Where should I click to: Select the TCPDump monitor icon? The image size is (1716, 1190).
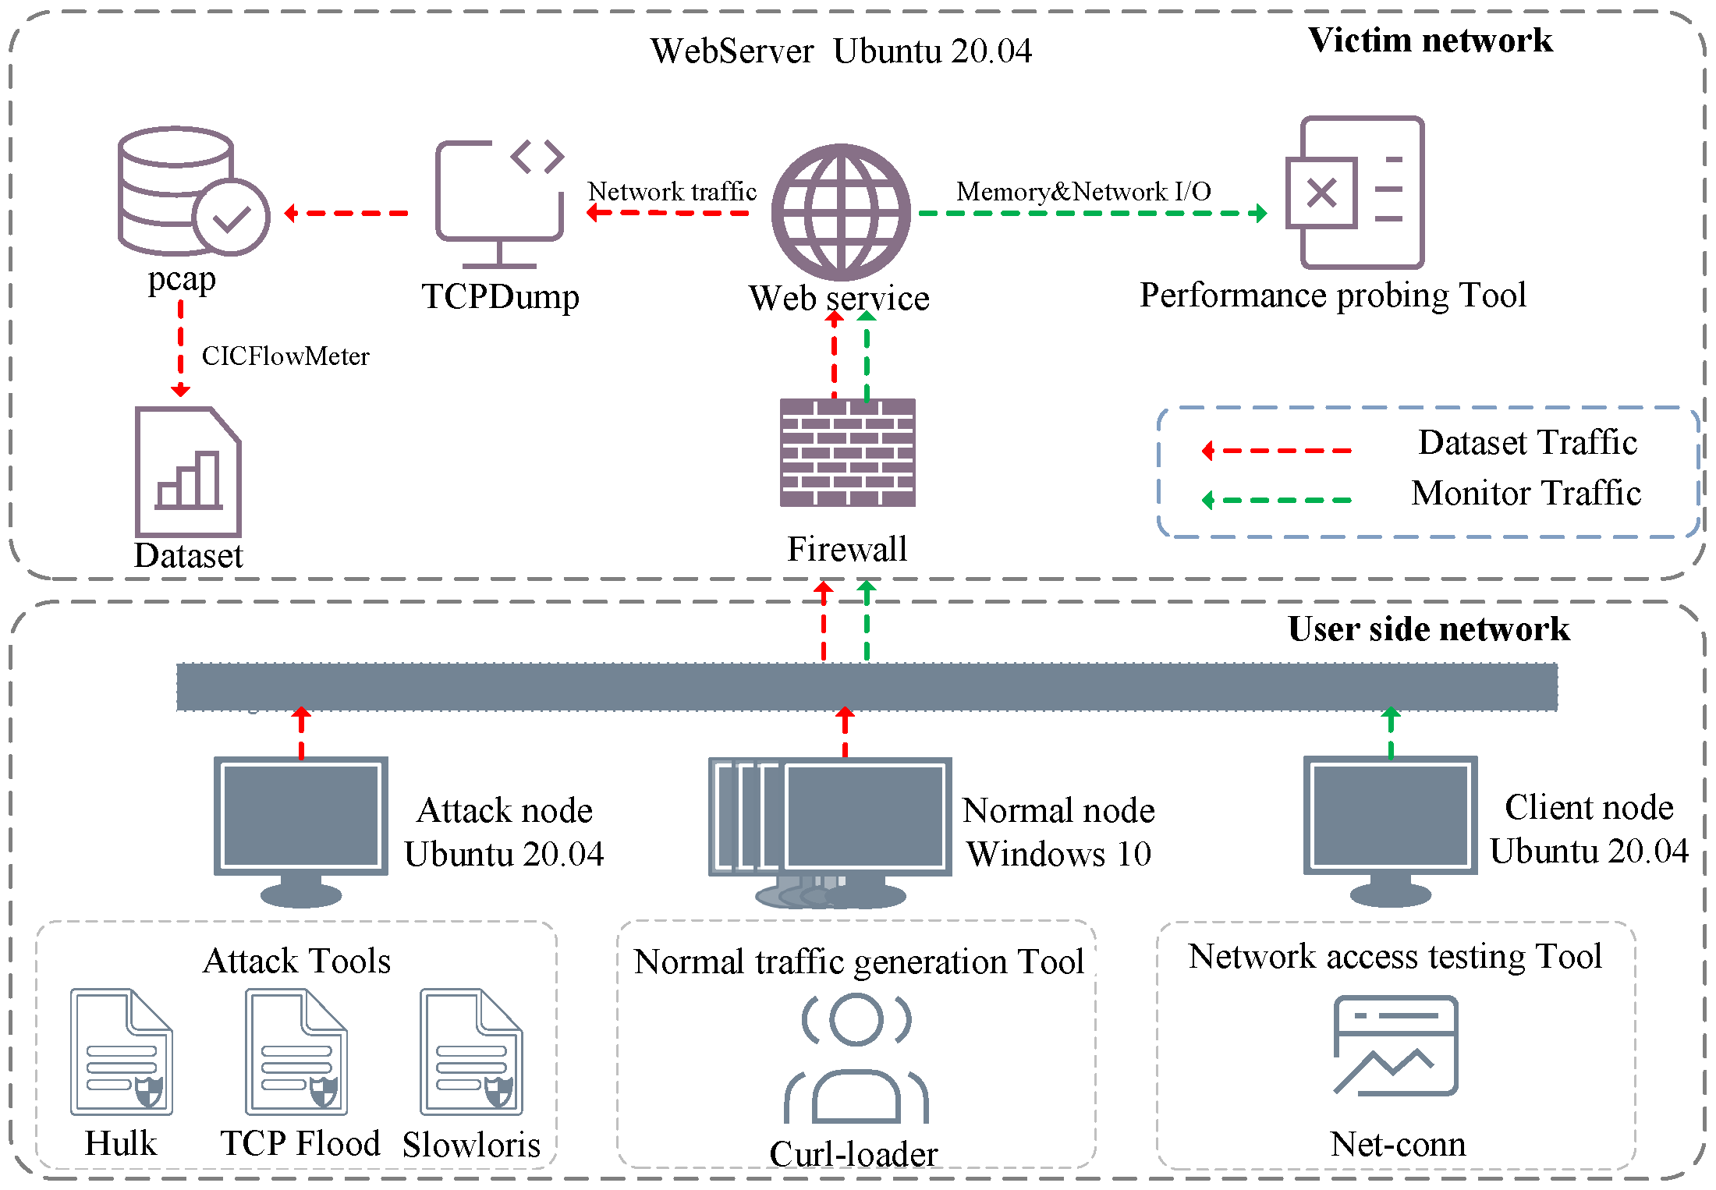[x=499, y=201]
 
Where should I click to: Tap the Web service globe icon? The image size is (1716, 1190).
[x=841, y=212]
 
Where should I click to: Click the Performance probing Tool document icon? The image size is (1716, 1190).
[x=1356, y=193]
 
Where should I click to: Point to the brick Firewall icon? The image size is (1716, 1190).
[x=848, y=452]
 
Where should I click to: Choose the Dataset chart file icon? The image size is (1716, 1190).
[x=188, y=471]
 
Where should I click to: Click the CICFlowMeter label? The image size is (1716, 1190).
[x=285, y=356]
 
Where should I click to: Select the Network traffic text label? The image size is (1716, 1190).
[x=672, y=191]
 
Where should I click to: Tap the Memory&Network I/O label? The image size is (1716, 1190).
[x=1083, y=191]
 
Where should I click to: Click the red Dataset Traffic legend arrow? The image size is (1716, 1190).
[x=1277, y=451]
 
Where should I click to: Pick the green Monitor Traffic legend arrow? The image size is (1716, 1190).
[x=1277, y=500]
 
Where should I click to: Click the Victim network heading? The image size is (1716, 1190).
[x=1430, y=41]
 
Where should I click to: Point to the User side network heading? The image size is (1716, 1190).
[x=1428, y=629]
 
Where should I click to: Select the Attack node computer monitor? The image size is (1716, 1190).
[x=301, y=827]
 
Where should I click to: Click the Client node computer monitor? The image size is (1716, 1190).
[x=1390, y=827]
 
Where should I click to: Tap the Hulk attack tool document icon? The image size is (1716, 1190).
[x=121, y=1051]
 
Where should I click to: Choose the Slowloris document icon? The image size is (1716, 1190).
[x=471, y=1051]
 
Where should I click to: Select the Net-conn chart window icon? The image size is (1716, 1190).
[x=1395, y=1046]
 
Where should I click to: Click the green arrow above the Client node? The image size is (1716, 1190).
[x=1391, y=733]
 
